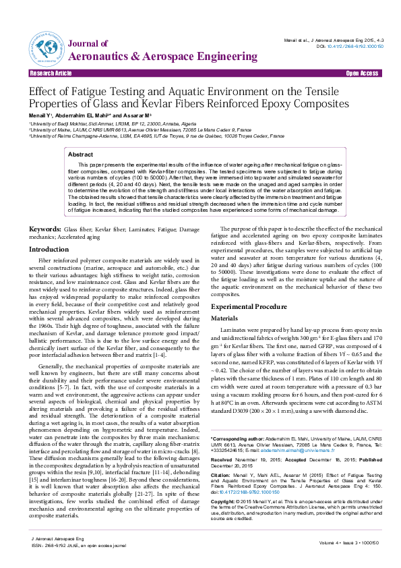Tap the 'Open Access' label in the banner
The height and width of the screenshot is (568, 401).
coord(361,73)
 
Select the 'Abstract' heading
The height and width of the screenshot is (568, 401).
coord(81,154)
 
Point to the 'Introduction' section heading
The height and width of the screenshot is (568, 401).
coord(49,249)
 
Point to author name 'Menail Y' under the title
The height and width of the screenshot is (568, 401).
coord(40,117)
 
